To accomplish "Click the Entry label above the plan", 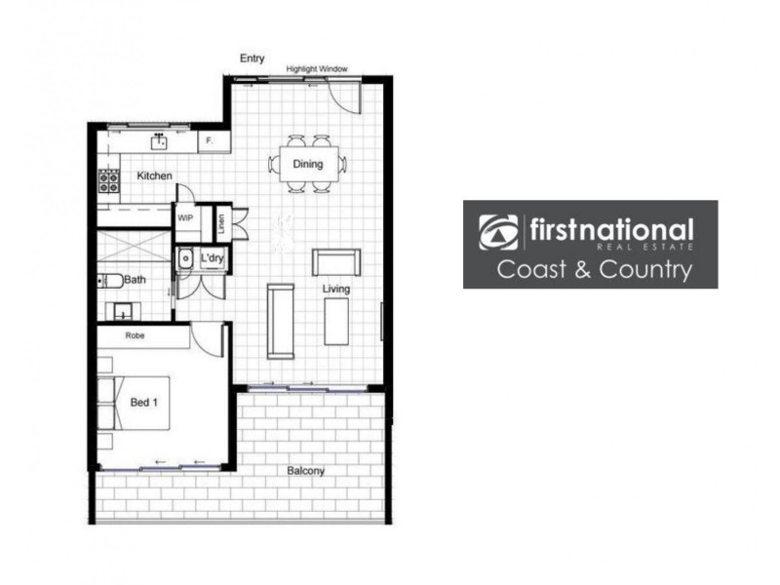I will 253,58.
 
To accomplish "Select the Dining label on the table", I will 307,164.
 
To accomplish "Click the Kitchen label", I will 154,175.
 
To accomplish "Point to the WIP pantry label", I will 185,218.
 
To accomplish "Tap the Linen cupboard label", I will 221,222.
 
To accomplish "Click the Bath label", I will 136,280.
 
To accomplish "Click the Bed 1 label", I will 143,401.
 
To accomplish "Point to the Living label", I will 336,290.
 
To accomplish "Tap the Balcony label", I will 305,471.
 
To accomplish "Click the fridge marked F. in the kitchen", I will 212,142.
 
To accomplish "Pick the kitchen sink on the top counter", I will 159,142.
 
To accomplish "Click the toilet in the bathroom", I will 110,281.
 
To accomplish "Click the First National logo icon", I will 498,232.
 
